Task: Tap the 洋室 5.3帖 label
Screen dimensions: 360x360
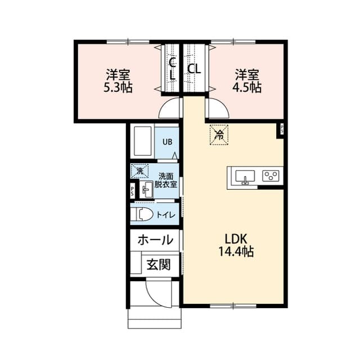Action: (118, 81)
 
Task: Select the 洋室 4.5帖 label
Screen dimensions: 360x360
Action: (247, 81)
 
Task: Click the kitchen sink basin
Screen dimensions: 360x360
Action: (244, 176)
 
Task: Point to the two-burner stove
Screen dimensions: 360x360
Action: (271, 176)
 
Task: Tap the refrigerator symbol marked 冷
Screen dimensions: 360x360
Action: (219, 134)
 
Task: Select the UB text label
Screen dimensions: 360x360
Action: (168, 142)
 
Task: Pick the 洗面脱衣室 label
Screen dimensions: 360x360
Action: (166, 180)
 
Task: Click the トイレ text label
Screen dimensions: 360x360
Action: (166, 214)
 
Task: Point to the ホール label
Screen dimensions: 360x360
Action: (155, 240)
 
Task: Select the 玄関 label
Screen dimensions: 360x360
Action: (159, 264)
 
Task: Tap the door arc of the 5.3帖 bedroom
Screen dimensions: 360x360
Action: (170, 108)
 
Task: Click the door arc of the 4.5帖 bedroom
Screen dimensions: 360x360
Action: (216, 108)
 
